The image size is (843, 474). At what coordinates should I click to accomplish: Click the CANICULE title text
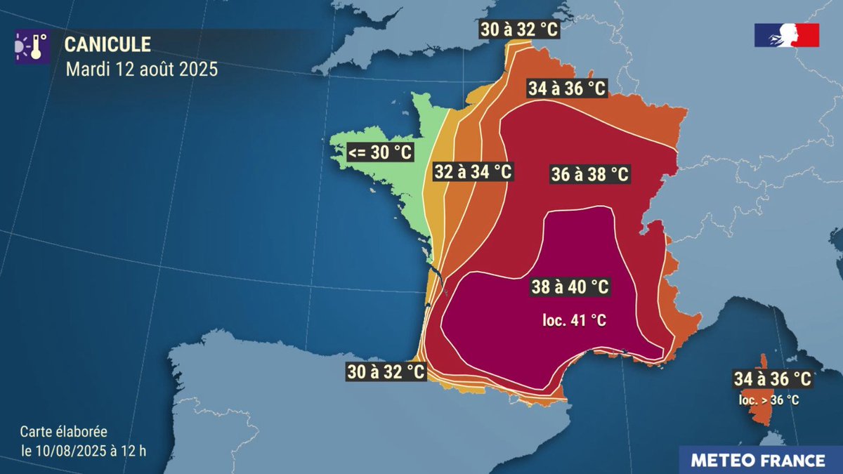(x=107, y=45)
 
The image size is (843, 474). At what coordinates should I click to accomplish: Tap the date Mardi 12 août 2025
(x=141, y=70)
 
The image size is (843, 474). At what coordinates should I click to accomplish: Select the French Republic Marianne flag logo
(x=786, y=35)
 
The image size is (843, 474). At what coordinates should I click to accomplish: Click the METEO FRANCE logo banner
(x=757, y=460)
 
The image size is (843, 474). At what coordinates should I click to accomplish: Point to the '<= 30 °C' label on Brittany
(x=380, y=152)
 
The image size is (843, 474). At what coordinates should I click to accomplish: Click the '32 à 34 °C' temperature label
(x=472, y=171)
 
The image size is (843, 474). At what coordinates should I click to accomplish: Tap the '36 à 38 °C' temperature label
(x=589, y=174)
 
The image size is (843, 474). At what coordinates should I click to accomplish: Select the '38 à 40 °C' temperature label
(x=570, y=287)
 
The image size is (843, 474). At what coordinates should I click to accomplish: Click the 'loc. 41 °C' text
(x=574, y=320)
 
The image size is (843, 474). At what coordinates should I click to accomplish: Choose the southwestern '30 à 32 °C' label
(x=386, y=371)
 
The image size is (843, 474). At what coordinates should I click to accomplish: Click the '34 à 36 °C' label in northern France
(x=566, y=88)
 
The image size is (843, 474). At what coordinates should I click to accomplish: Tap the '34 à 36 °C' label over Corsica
(x=772, y=379)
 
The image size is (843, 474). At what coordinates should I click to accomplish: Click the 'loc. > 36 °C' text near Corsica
(x=768, y=400)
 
